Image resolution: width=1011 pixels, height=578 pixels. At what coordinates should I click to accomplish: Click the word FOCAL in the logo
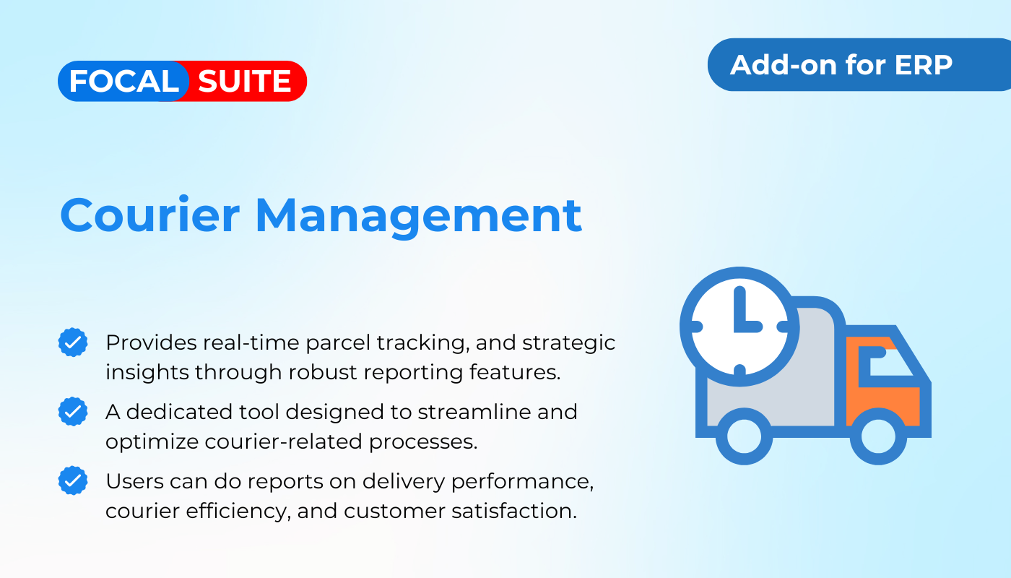[124, 81]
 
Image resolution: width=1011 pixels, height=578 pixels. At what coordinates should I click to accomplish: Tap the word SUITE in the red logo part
[245, 81]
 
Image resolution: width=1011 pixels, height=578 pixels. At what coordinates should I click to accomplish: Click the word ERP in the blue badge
[923, 65]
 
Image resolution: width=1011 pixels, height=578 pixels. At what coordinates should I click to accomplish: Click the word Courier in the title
[150, 215]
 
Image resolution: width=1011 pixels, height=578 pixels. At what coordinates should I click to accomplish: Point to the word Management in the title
[419, 217]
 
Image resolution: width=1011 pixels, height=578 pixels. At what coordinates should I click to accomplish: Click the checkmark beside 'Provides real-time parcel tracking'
[73, 342]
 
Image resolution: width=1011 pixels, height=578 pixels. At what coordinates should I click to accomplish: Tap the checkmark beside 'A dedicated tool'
[73, 411]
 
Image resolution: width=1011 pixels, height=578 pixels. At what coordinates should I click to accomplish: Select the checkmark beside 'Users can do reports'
[73, 480]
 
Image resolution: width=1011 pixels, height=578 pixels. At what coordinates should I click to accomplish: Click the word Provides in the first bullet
[151, 342]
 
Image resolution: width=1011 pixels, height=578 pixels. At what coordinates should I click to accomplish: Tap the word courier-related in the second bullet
[283, 441]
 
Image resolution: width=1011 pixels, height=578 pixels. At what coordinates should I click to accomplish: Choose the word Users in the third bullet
[134, 481]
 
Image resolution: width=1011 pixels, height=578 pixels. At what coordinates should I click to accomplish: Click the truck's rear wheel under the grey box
[745, 436]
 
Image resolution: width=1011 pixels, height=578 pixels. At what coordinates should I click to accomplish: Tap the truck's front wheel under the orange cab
[878, 436]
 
